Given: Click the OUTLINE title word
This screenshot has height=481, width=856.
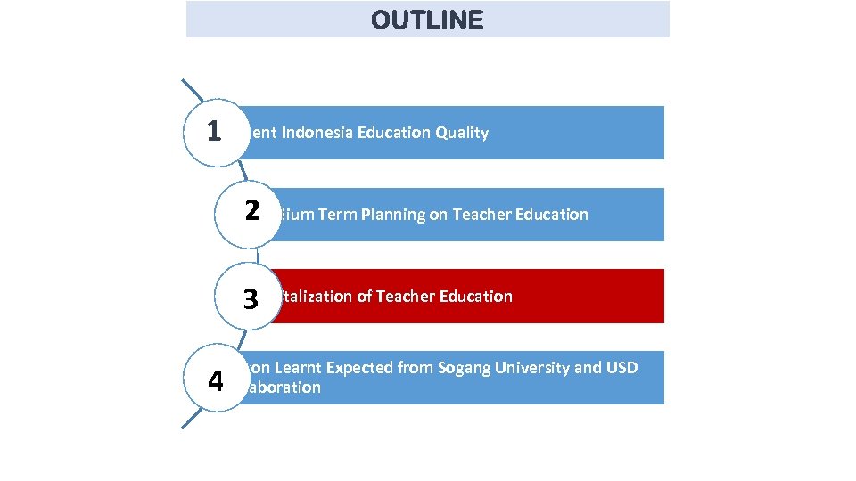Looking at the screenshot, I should (x=427, y=20).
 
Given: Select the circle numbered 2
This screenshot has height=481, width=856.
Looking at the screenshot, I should (x=249, y=213).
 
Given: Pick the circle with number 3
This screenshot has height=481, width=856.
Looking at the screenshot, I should (x=249, y=298).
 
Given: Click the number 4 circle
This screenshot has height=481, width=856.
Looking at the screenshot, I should (x=215, y=380).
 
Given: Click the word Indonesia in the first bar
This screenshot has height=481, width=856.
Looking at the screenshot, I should (x=317, y=133).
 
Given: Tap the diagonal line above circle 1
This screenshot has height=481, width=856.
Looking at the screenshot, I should (x=193, y=91).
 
